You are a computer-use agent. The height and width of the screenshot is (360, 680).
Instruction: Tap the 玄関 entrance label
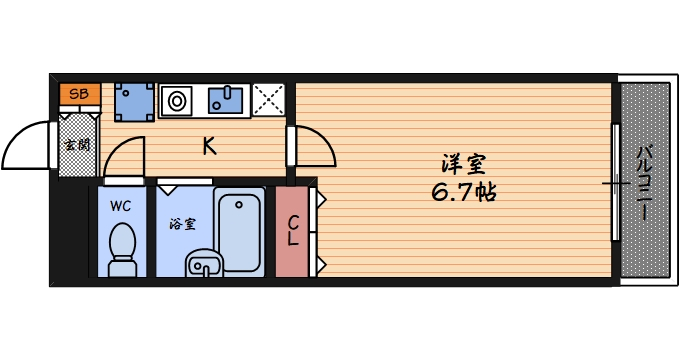[x=77, y=146]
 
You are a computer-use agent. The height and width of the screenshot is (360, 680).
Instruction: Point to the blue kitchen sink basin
[x=225, y=100]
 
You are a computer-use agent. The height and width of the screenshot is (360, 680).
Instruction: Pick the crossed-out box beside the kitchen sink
[x=268, y=100]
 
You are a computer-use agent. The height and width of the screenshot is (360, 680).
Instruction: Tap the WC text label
[x=121, y=207]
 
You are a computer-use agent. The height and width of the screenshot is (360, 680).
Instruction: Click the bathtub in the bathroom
[x=240, y=229]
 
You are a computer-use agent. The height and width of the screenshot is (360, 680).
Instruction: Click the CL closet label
[x=294, y=231]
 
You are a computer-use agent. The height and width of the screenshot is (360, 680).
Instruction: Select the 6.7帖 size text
[x=466, y=191]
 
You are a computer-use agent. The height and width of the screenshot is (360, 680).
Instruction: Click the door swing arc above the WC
[x=122, y=155]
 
